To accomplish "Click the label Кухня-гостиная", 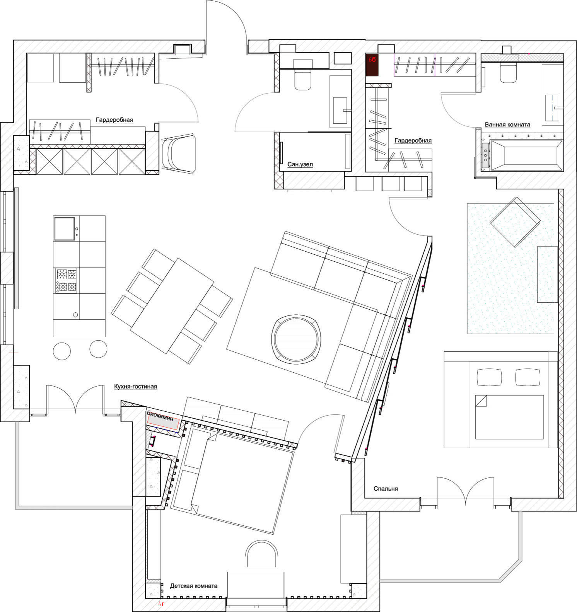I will click(135, 387).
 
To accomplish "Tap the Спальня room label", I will click(386, 489).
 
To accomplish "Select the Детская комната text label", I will click(193, 586).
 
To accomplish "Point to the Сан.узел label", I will click(300, 164).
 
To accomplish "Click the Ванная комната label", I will click(507, 124).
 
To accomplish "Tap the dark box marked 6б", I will click(372, 65).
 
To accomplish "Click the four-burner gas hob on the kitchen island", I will click(67, 280).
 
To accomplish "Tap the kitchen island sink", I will click(64, 229).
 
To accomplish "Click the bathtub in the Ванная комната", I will click(526, 156).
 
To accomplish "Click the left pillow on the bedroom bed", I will click(490, 377).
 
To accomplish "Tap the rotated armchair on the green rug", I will click(515, 222).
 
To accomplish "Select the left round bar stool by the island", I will click(62, 351).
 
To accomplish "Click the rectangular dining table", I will click(172, 306).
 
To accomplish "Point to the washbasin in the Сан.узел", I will click(340, 110).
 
